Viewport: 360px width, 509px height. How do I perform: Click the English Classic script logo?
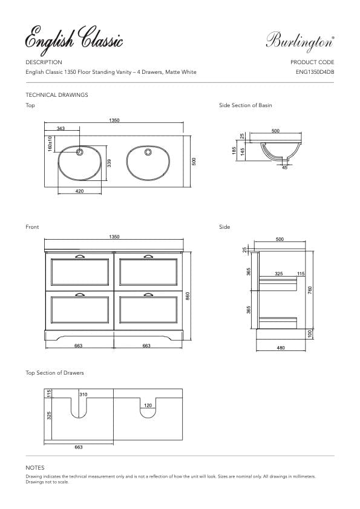(74, 40)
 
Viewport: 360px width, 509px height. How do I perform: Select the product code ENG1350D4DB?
(315, 72)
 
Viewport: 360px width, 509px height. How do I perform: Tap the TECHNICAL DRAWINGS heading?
(57, 95)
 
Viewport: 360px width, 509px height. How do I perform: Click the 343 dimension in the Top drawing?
(61, 129)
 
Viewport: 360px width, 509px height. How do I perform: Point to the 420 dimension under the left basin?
(79, 191)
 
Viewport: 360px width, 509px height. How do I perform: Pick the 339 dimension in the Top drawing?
(109, 163)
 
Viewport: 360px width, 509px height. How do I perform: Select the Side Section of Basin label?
(245, 105)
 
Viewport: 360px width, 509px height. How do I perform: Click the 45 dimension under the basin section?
(284, 168)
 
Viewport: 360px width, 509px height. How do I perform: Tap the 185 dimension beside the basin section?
(234, 149)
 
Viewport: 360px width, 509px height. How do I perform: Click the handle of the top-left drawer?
(79, 256)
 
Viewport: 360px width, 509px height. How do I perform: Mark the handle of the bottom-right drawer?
(148, 294)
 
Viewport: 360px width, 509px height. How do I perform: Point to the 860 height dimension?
(188, 295)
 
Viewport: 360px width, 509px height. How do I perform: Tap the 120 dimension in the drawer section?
(148, 406)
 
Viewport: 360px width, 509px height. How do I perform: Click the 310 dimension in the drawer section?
(83, 395)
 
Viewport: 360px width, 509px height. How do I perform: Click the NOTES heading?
(34, 468)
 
